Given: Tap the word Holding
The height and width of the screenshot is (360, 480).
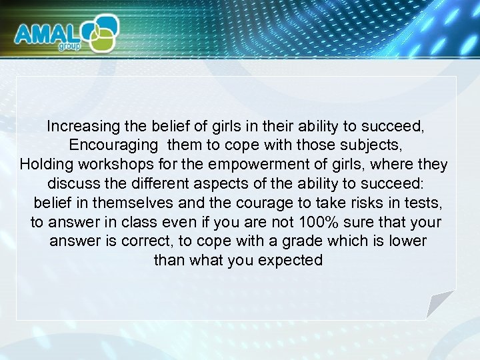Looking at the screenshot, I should coord(45,164).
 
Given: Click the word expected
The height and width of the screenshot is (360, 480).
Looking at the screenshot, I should coord(291,260).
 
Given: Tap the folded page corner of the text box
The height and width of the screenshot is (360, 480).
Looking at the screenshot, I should coord(442,303).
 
